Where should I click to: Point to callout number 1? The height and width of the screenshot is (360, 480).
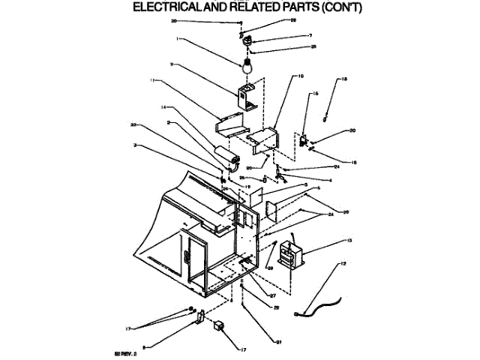[177, 39]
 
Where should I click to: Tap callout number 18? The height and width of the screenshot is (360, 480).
[344, 79]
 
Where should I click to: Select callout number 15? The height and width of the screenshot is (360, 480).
[316, 93]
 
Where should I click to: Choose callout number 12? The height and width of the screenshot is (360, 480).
[343, 264]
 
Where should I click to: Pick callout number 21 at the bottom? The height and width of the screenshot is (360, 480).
[277, 343]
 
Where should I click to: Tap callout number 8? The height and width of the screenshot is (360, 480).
[143, 346]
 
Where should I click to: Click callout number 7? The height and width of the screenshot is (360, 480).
[289, 35]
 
